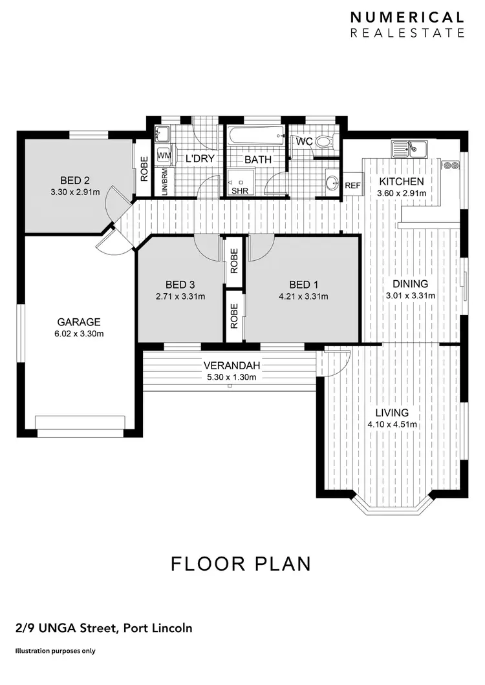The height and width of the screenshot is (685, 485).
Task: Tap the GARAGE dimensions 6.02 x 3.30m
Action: (x=79, y=334)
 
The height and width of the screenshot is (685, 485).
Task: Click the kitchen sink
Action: (x=409, y=149)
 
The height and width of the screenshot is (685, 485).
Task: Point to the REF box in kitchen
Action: (x=352, y=185)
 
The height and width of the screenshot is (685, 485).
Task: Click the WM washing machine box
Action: (x=164, y=156)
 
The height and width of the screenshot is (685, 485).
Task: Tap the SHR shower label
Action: (x=239, y=190)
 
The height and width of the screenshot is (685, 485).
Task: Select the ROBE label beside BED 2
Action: (x=144, y=169)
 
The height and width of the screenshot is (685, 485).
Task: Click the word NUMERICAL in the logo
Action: (x=407, y=17)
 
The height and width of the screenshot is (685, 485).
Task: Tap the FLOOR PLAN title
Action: (x=241, y=563)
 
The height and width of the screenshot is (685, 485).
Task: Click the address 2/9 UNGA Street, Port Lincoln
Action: (x=103, y=628)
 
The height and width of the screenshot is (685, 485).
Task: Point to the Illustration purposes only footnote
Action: (x=55, y=651)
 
